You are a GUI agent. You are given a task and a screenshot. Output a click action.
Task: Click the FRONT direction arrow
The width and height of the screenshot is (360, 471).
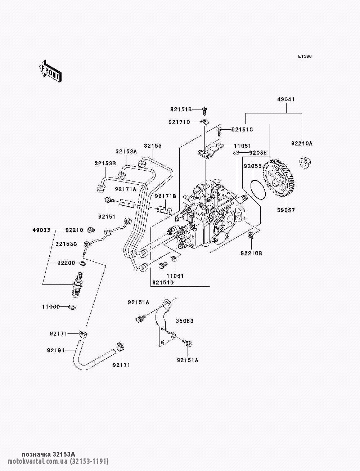[50, 71]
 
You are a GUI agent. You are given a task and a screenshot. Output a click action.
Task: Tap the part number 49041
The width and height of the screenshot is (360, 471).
[286, 99]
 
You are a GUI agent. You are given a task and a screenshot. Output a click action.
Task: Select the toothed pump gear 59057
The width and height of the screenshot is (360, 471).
[280, 179]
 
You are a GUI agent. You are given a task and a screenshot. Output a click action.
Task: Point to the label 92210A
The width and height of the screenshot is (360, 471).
[302, 143]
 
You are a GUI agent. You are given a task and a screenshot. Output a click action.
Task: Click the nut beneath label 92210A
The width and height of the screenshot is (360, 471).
[305, 163]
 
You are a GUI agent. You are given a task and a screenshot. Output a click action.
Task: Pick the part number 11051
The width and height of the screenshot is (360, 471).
[242, 146]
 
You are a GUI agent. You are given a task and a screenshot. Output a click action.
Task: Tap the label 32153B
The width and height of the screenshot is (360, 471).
[105, 163]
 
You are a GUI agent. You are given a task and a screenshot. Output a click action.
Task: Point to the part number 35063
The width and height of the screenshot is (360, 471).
[185, 327]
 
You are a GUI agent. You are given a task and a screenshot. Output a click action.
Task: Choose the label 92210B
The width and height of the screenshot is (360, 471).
[251, 253]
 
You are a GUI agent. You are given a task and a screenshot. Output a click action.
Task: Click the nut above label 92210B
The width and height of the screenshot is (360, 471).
[251, 235]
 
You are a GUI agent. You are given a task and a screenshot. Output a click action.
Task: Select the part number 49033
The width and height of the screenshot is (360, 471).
[41, 230]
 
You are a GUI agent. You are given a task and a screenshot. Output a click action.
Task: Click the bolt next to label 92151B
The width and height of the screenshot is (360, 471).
[204, 111]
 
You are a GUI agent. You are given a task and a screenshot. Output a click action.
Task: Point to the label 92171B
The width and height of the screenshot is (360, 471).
[165, 196]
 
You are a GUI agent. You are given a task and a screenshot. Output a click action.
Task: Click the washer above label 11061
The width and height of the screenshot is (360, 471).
[174, 259]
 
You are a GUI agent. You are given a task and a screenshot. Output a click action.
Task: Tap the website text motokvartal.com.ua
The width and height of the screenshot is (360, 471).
[38, 461]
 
